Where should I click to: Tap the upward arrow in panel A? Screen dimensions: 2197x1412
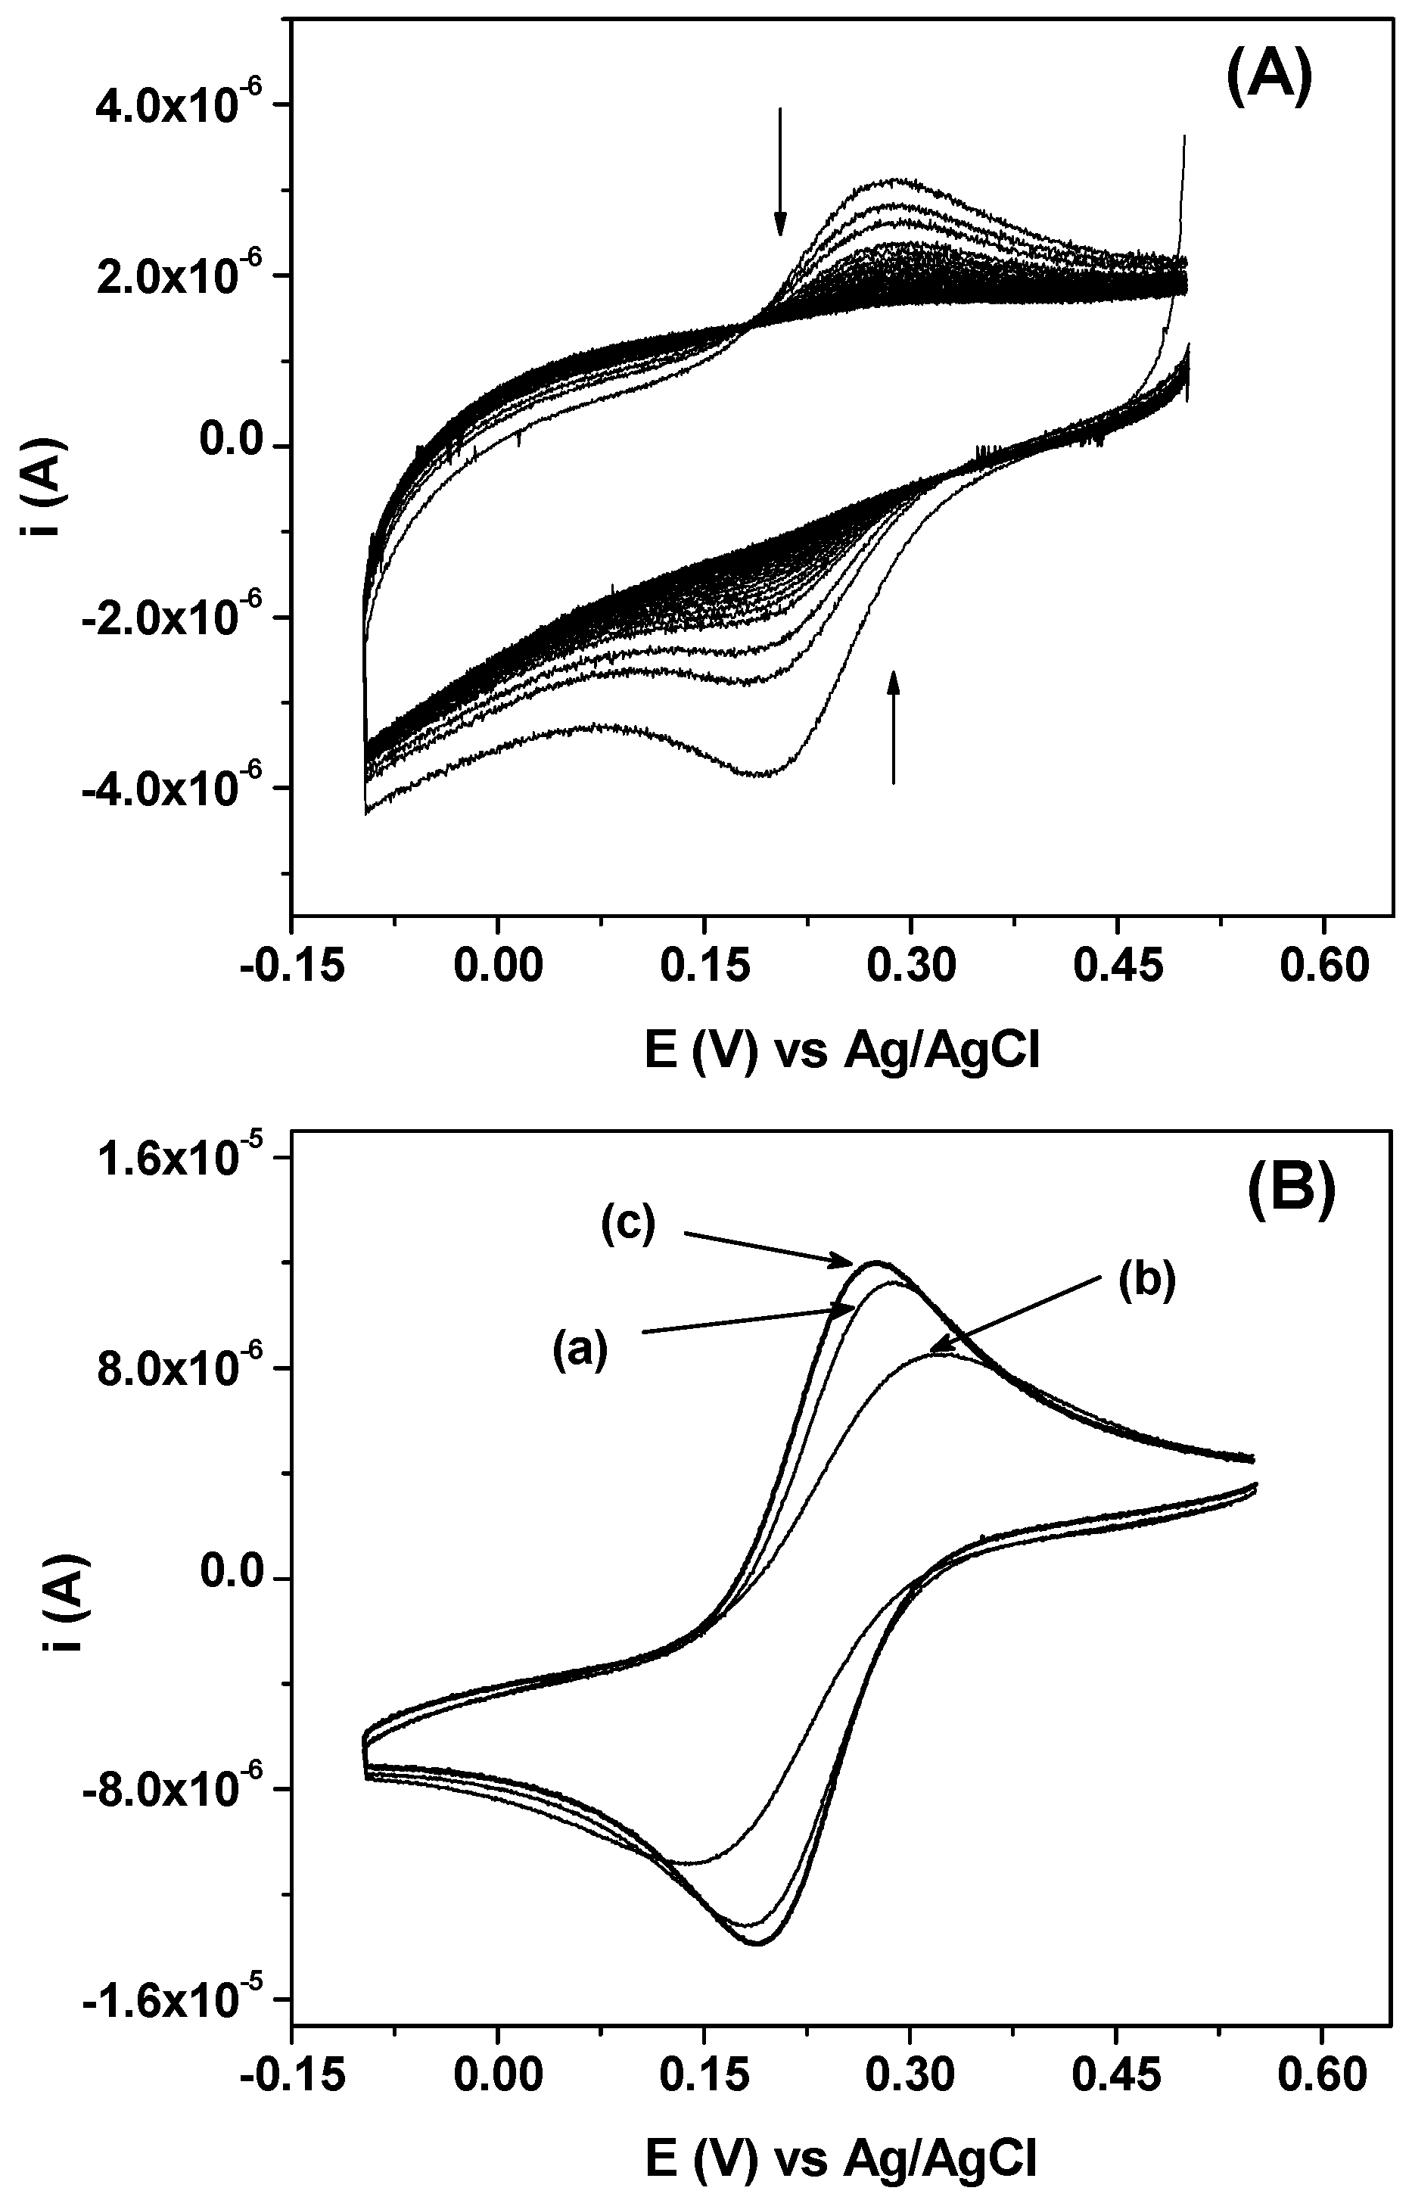pos(894,727)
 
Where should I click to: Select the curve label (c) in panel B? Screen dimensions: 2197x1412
pos(629,1226)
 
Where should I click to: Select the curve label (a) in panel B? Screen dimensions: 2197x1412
pos(580,1351)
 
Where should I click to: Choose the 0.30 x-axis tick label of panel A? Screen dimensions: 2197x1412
pos(910,967)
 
